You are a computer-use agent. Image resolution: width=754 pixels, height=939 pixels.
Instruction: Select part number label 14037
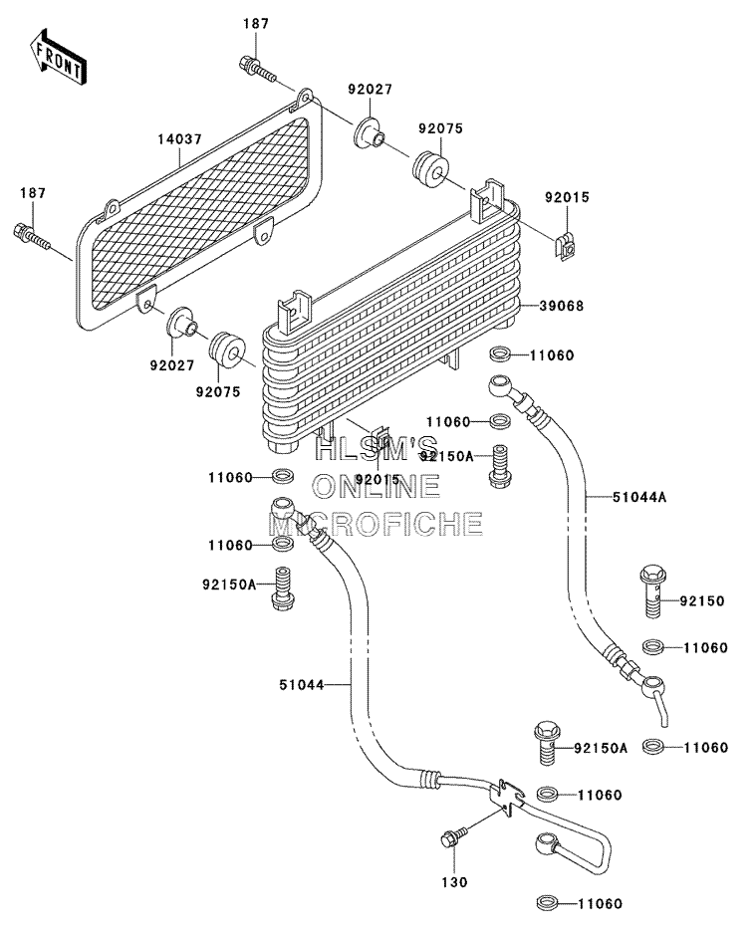pos(179,139)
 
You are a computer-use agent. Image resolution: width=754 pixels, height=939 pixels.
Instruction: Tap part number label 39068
pos(561,306)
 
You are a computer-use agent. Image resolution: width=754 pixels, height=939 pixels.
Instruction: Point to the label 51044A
pos(639,497)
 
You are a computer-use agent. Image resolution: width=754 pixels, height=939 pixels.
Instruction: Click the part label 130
pos(454,882)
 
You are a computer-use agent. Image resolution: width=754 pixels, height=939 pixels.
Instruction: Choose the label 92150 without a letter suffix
pos(702,600)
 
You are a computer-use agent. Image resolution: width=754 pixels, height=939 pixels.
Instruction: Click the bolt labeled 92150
pos(652,592)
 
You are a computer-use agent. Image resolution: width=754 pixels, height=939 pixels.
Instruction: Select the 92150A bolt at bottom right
pos(546,743)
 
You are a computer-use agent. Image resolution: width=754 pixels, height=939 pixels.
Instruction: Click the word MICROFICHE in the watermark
pos(376,524)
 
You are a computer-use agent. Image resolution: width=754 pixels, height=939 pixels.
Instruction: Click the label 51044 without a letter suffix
pos(301,684)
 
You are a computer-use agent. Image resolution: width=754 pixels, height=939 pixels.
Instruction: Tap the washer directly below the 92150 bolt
pos(653,647)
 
